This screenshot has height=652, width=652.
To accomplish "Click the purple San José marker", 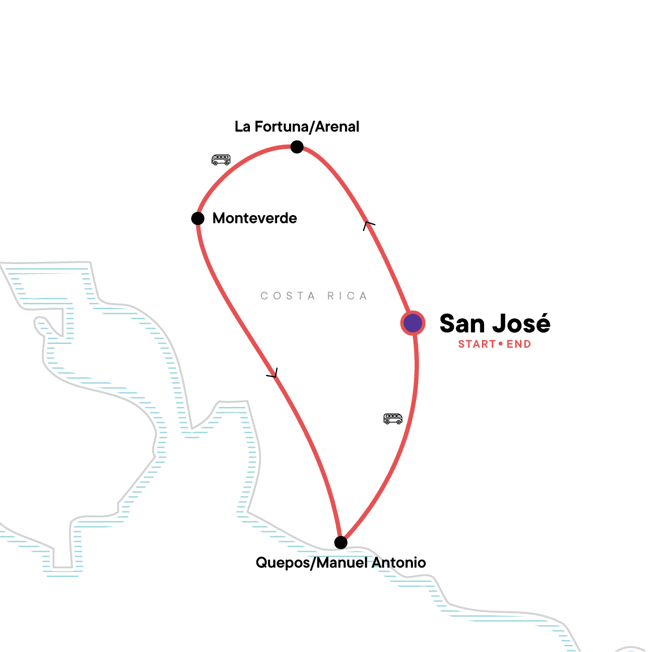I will click(x=413, y=323).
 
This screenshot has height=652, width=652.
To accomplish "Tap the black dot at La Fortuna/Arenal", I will click(x=297, y=147).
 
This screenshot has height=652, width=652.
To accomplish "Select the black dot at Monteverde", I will click(x=198, y=218).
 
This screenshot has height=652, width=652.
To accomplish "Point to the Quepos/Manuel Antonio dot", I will click(x=341, y=542).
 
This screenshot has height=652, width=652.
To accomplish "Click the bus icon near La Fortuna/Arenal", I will click(x=221, y=160).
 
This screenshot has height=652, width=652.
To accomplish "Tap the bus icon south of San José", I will click(x=393, y=418).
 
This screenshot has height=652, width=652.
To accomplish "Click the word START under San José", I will click(x=477, y=344).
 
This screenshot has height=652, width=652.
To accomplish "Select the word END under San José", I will click(x=518, y=344).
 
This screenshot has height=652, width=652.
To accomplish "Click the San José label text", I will click(x=494, y=323).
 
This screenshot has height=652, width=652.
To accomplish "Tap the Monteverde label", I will click(x=254, y=218).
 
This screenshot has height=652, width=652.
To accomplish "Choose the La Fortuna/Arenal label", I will click(x=297, y=127).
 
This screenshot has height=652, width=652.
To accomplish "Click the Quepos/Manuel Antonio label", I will click(x=341, y=562).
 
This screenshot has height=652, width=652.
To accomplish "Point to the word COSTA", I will click(x=288, y=296).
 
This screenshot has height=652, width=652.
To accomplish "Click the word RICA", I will click(x=347, y=296).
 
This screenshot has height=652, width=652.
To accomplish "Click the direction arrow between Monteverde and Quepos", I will click(x=273, y=374).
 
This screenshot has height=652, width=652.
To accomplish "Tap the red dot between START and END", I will click(x=500, y=344).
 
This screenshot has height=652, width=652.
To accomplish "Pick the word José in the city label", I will click(x=523, y=323).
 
